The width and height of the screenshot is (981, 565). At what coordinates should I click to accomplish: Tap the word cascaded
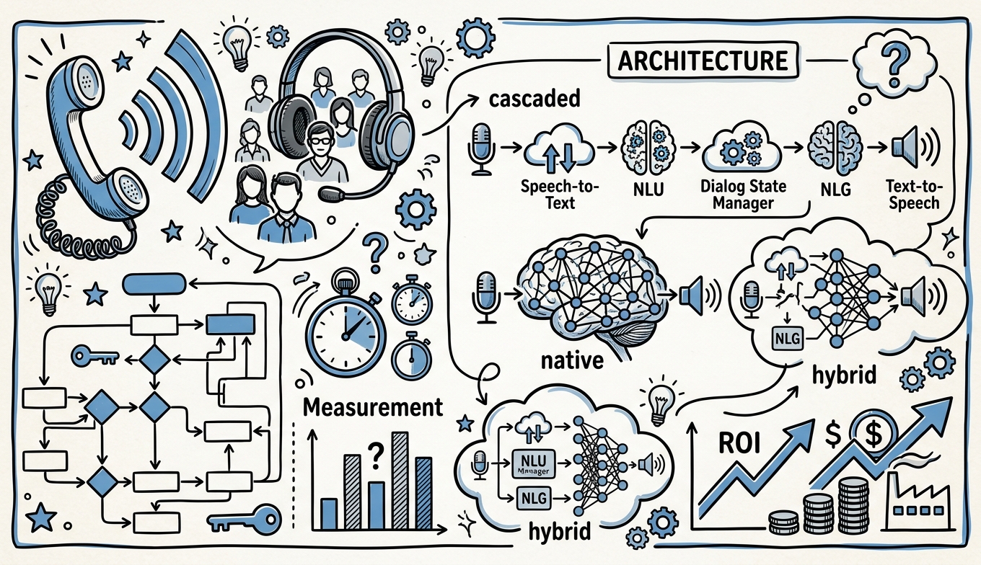[x=535, y=99]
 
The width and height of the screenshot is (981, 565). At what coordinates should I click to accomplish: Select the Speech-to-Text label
[x=560, y=195]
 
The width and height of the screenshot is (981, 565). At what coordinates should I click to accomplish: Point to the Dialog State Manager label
[x=743, y=195]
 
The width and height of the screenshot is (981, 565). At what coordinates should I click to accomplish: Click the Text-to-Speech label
[x=914, y=195]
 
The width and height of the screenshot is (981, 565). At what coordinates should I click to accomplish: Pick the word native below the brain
[x=572, y=360]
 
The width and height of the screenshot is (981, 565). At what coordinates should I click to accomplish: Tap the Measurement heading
[x=373, y=407]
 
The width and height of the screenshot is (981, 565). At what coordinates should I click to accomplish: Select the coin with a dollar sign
[x=874, y=433]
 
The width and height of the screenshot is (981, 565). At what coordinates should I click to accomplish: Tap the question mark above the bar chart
[x=374, y=455]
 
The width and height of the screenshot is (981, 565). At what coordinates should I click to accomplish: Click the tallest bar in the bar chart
[x=400, y=481]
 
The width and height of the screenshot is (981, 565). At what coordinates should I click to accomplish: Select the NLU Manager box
[x=533, y=465]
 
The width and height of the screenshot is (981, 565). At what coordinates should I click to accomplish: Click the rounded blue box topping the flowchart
[x=154, y=284]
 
